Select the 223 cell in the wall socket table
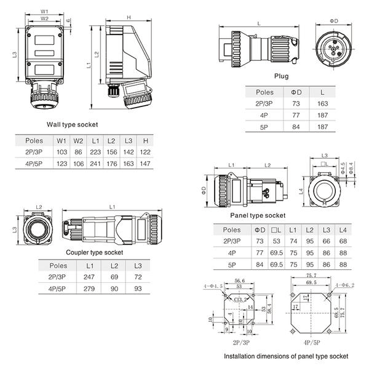(95, 151)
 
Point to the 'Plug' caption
(282, 76)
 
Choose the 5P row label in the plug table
(264, 127)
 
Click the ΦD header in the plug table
(296, 92)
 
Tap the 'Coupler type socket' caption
(94, 252)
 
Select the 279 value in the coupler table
(90, 288)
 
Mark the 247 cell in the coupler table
(90, 277)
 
